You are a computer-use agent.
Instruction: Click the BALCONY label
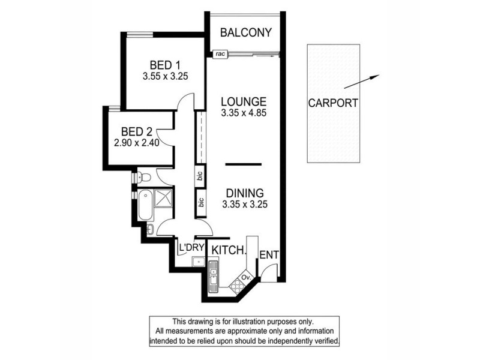[x=245, y=32]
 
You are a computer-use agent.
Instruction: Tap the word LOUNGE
[x=243, y=101]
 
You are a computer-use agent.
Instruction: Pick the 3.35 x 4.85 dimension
[x=243, y=112]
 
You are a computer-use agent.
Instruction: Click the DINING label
[x=245, y=193]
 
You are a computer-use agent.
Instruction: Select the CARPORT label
[x=333, y=103]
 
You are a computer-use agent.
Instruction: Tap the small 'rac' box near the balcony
[x=220, y=53]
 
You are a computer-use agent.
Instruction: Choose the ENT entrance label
[x=269, y=254]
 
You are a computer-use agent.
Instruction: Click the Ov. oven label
[x=245, y=277]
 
